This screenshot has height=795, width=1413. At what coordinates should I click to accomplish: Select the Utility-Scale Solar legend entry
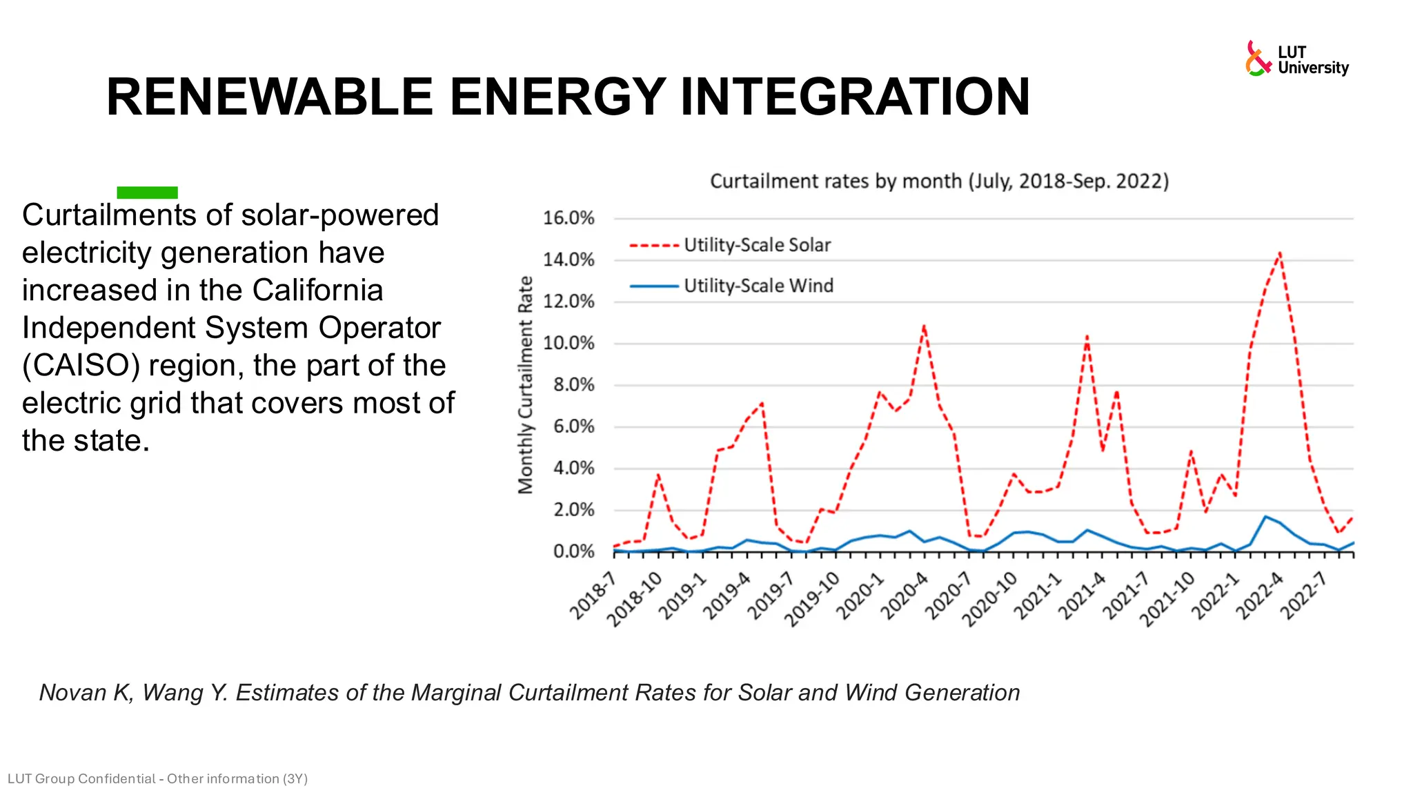(x=756, y=245)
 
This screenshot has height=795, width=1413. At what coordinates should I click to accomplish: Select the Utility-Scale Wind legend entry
(x=758, y=286)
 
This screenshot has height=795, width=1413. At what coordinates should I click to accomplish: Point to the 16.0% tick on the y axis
(x=569, y=218)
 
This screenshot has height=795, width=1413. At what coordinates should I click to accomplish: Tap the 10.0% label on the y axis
(x=569, y=343)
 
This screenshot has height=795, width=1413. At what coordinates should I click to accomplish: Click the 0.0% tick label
(x=573, y=551)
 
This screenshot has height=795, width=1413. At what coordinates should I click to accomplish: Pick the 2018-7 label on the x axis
(x=593, y=595)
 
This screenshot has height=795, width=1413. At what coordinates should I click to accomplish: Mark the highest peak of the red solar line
(x=1280, y=253)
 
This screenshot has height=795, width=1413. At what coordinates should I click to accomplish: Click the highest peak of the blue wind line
(x=1265, y=516)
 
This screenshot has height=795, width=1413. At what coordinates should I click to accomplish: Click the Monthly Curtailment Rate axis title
(x=526, y=384)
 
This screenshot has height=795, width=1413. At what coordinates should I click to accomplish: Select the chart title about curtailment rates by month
(x=939, y=181)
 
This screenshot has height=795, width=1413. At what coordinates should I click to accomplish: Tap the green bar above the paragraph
(x=147, y=193)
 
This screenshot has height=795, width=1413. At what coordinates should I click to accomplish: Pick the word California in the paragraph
(x=317, y=291)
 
